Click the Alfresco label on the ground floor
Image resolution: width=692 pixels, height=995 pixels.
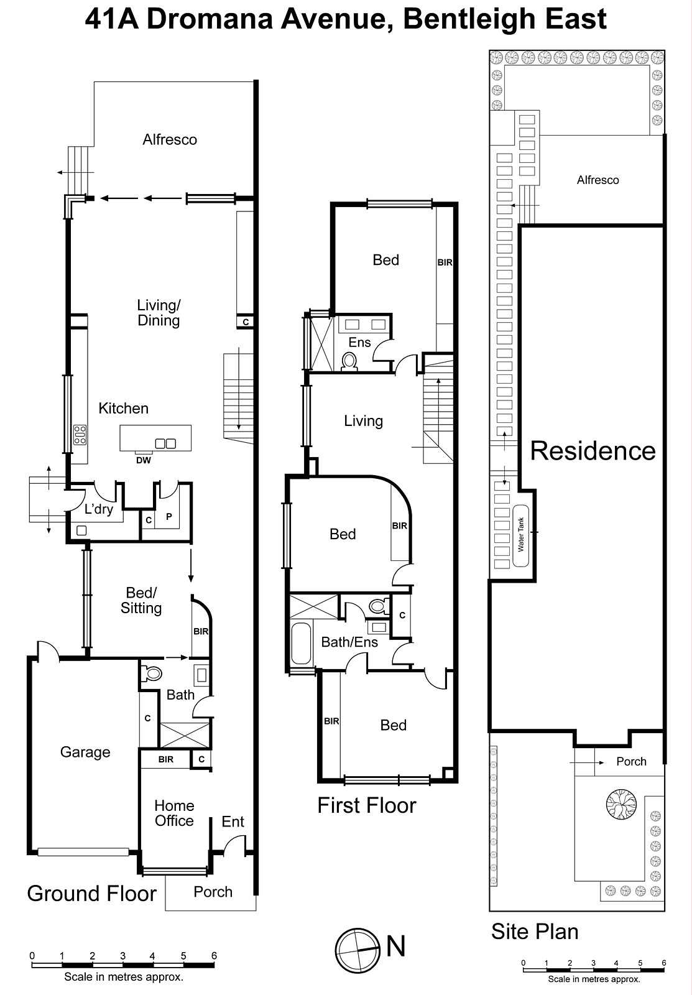coord(170,140)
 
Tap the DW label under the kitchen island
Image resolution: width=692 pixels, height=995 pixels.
coord(144,461)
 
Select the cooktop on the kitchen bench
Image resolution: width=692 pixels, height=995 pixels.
coord(80,434)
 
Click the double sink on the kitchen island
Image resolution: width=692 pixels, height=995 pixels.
coord(165,443)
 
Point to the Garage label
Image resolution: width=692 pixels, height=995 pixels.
coord(85,752)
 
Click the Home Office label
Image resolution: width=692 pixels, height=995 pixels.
coord(174,813)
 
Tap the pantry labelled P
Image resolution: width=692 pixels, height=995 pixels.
coord(168,517)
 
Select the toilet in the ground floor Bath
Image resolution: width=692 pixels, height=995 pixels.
coord(151,673)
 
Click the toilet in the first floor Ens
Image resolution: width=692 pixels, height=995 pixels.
coord(350,361)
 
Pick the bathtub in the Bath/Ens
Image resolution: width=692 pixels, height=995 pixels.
coord(302,643)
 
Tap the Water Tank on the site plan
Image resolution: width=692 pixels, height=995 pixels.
coord(521,535)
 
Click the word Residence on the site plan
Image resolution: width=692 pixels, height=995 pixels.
coord(593,451)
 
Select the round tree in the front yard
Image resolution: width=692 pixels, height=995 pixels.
coord(621,803)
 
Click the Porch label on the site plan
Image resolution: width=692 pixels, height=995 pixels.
coord(631,762)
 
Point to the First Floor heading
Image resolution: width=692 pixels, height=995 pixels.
coord(366,806)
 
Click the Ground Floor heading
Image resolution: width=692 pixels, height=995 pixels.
coord(92,894)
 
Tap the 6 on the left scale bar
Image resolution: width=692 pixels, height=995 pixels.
coord(214,956)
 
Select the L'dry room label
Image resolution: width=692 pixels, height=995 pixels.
coord(99,509)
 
